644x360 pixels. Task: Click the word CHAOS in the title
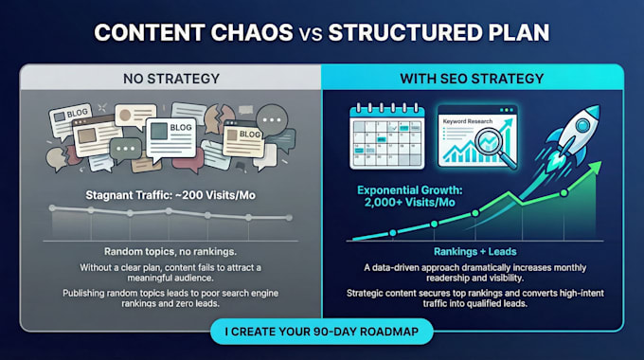click(x=252, y=32)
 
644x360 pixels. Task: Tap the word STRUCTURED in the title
click(x=404, y=32)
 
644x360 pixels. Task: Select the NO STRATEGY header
click(x=171, y=79)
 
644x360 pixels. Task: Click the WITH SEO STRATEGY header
click(x=472, y=79)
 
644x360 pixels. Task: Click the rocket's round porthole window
click(x=582, y=124)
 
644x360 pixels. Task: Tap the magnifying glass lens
click(x=490, y=142)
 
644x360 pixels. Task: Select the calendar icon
click(x=387, y=136)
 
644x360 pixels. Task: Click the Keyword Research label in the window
click(x=468, y=121)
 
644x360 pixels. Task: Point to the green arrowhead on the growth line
click(x=595, y=167)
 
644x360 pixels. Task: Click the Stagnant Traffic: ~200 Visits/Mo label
click(x=170, y=195)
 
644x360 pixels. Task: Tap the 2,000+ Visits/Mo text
click(x=409, y=203)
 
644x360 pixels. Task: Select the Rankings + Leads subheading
click(x=475, y=251)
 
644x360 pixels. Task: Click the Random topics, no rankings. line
click(x=170, y=251)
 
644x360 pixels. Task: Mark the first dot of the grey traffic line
click(x=52, y=207)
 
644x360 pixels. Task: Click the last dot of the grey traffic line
click(x=289, y=218)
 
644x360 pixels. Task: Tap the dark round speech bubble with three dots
click(x=272, y=120)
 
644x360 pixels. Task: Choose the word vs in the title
click(x=311, y=34)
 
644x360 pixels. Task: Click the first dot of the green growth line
click(x=393, y=233)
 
